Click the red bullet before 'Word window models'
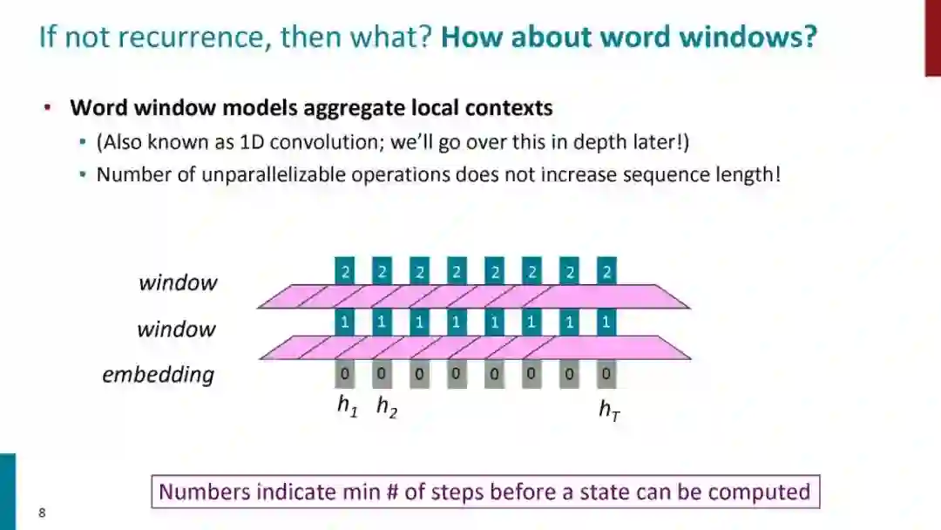click(48, 108)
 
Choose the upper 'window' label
click(178, 282)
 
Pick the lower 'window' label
click(176, 330)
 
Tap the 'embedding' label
click(158, 375)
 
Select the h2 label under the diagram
click(386, 405)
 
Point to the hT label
click(609, 408)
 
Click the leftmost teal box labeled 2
click(345, 271)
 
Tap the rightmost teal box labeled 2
click(606, 271)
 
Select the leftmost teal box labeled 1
click(345, 323)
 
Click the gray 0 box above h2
click(382, 375)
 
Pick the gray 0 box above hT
click(606, 375)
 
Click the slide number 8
click(42, 513)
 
